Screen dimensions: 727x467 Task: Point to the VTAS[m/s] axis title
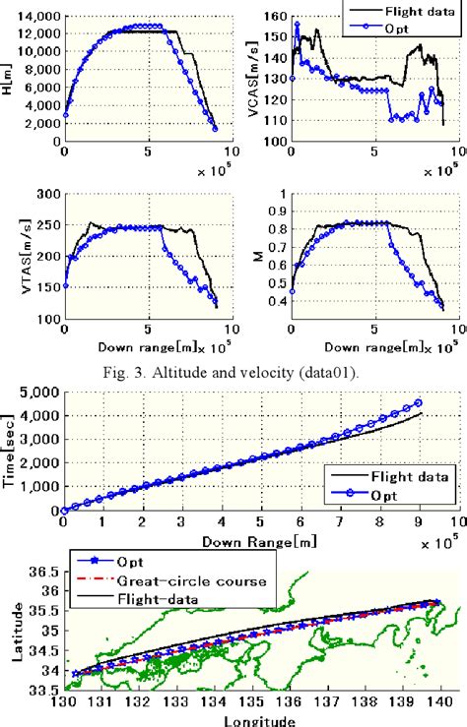12,256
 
